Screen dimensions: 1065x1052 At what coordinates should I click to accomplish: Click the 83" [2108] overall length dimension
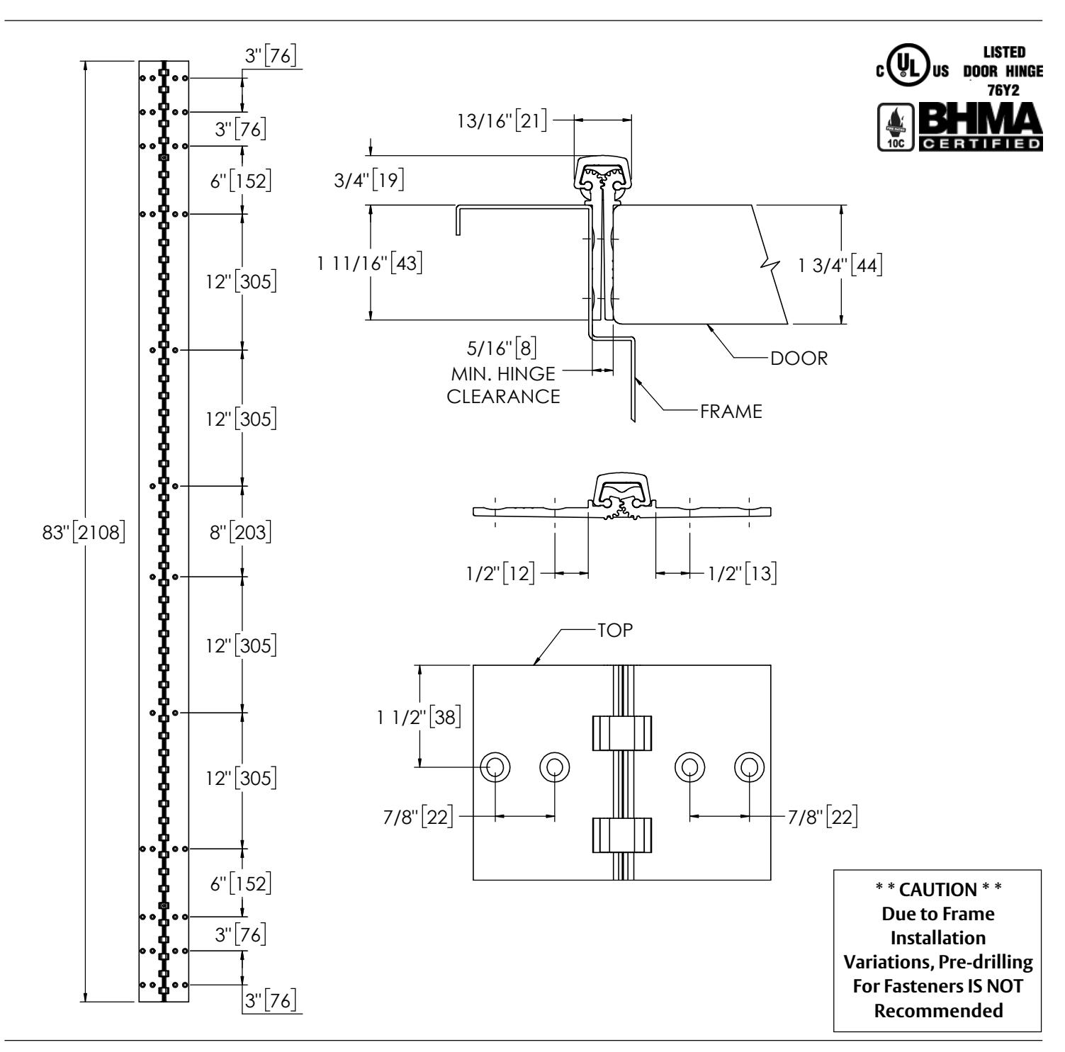84,531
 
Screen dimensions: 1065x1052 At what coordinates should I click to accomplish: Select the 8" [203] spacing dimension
241,531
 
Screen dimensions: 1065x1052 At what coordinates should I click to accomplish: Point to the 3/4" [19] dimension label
369,180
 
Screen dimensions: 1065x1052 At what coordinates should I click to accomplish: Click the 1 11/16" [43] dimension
370,263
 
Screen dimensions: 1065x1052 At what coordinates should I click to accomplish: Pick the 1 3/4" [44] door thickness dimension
841,265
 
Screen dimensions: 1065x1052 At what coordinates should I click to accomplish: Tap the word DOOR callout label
799,358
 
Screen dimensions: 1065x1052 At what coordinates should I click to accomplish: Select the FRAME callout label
731,412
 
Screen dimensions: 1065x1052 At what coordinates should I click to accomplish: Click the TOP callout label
615,630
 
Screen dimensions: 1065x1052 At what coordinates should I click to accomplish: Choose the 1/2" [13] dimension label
743,572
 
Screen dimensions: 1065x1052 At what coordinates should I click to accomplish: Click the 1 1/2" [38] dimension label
419,717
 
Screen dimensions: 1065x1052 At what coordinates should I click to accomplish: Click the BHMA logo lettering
981,120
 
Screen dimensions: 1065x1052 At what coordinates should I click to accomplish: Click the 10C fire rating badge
896,128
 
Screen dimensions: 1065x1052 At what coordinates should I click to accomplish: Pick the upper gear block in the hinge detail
621,733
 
